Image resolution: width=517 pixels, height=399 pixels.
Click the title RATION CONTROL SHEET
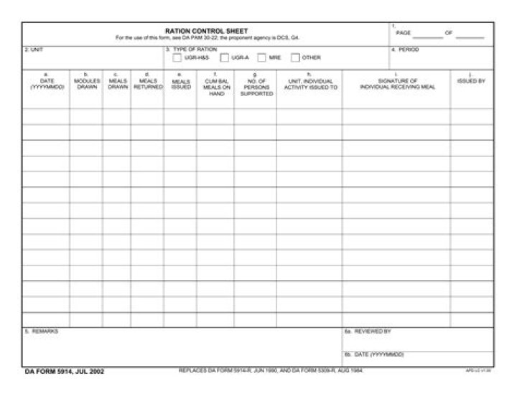206,31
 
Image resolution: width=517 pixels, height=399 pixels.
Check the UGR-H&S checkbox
177,57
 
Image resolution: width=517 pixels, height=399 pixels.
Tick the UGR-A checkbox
225,57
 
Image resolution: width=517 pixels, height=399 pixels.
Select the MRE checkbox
262,57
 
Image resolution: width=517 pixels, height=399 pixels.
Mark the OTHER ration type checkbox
295,57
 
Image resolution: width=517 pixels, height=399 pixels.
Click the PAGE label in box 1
403,33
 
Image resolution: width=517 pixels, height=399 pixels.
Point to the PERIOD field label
409,50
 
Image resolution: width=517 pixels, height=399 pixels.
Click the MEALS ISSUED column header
181,85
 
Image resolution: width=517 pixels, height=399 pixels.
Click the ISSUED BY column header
471,80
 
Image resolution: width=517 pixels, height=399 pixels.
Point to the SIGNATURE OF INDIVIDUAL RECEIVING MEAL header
397,84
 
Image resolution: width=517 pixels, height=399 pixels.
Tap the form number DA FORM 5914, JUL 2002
65,371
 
